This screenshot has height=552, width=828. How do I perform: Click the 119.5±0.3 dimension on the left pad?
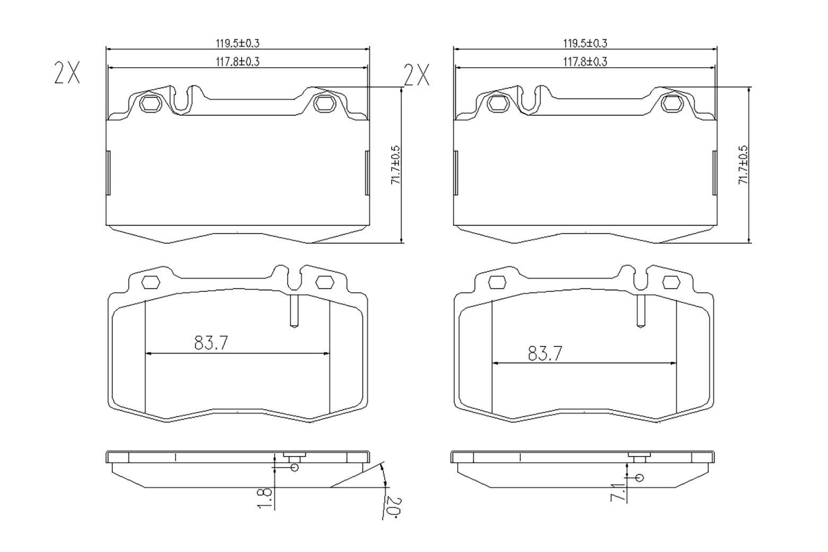(238, 44)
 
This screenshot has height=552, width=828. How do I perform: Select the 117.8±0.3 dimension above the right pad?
(585, 62)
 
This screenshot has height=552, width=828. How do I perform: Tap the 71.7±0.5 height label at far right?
(743, 165)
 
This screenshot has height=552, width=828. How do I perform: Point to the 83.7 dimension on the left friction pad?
(211, 343)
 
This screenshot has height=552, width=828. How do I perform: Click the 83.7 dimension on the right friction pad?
(545, 353)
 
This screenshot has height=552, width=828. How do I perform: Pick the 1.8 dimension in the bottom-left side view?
(265, 498)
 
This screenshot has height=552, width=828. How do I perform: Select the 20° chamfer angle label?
(393, 507)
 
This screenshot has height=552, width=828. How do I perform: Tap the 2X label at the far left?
(67, 73)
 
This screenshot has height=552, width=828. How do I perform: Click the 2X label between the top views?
(417, 75)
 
